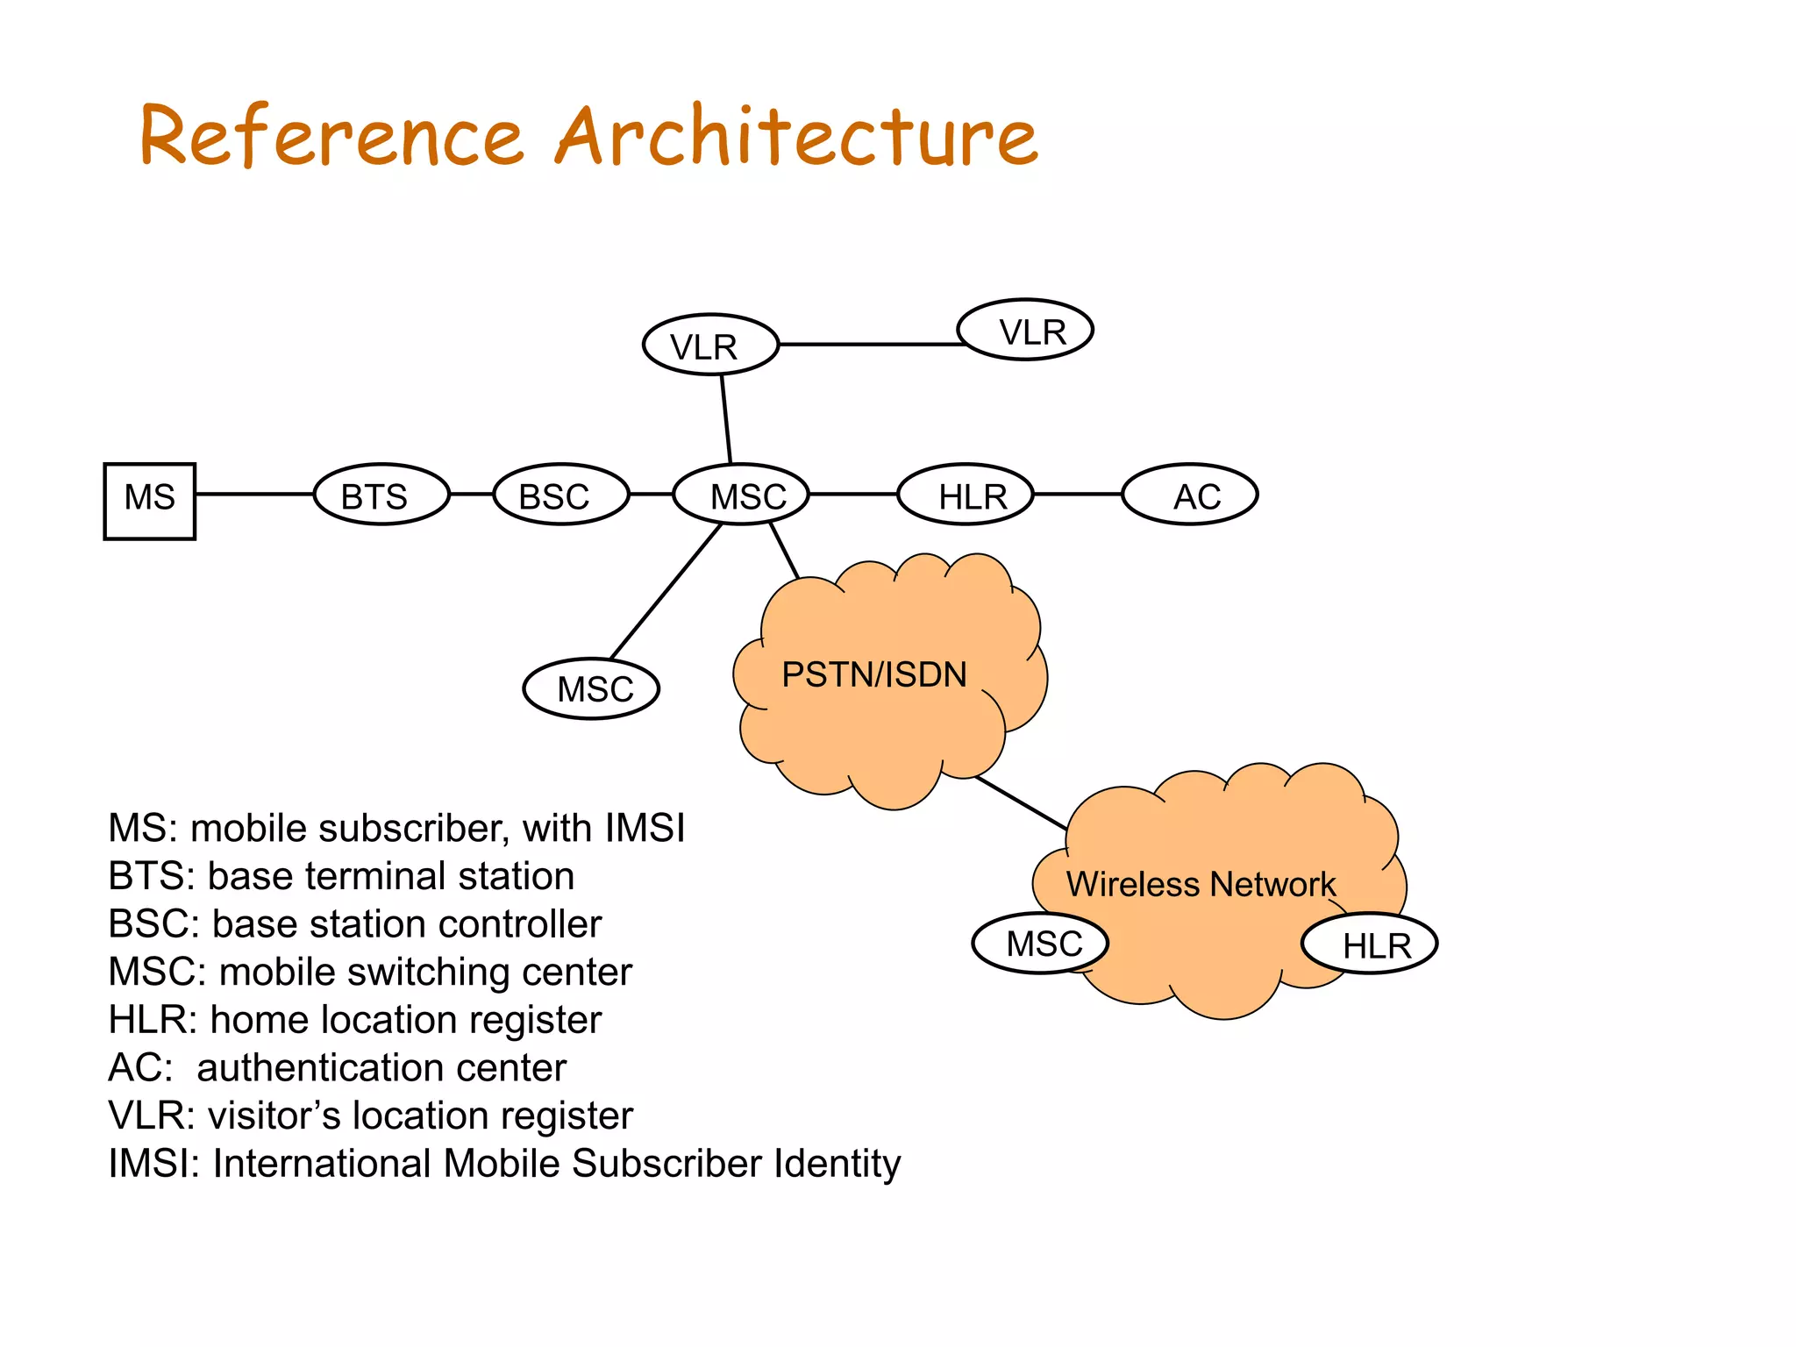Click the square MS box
click(149, 501)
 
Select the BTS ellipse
click(381, 495)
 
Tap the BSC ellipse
click(561, 495)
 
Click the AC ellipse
click(1190, 495)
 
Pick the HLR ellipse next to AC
click(966, 495)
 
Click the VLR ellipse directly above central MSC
click(710, 345)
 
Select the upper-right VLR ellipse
click(1025, 330)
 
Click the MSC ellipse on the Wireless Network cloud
click(1041, 944)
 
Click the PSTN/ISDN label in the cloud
click(873, 674)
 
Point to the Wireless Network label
click(1200, 884)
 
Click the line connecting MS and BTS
click(254, 495)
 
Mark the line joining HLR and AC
click(1078, 495)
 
